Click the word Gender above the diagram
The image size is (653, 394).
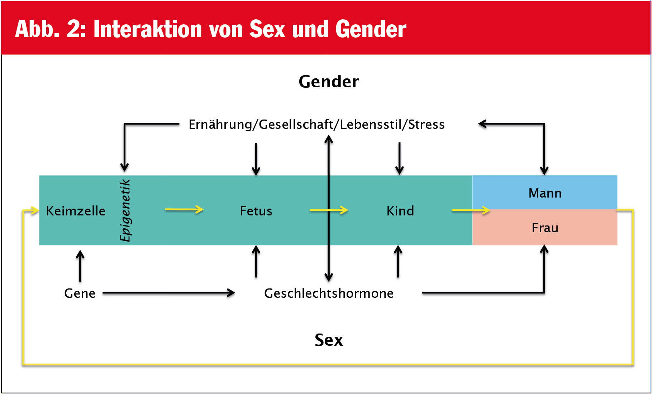329,82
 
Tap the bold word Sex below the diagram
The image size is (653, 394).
329,340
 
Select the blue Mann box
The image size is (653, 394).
545,192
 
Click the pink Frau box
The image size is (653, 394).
545,227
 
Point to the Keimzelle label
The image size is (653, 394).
76,211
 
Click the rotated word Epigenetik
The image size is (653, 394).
125,210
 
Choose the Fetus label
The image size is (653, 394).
256,211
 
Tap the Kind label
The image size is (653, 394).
400,211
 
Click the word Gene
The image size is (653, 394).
80,293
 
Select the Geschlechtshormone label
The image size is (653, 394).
329,293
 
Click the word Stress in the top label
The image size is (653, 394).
426,124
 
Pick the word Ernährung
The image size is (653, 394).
220,124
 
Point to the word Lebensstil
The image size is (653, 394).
371,124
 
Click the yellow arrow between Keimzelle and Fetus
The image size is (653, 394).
184,209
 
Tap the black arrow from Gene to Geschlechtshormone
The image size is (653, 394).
169,293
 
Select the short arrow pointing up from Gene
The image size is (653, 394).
80,266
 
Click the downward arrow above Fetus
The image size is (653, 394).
256,159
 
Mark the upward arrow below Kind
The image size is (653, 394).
398,261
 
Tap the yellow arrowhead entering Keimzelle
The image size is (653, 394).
34,210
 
